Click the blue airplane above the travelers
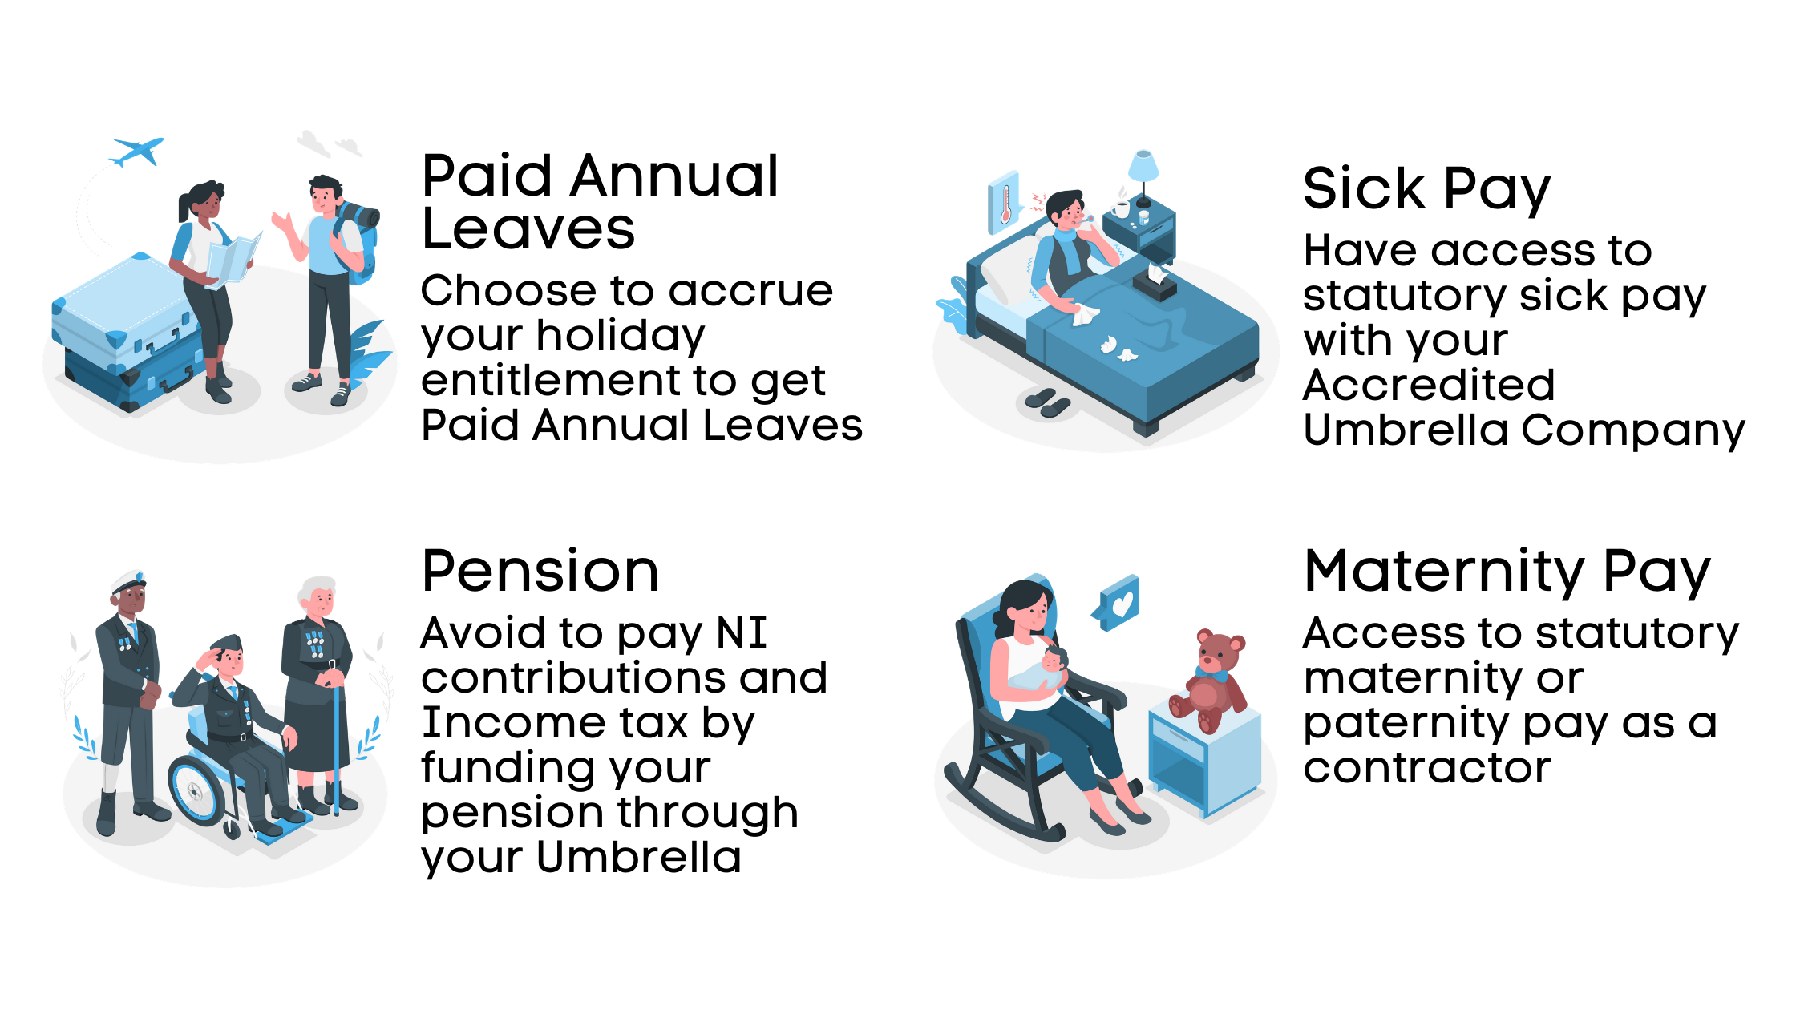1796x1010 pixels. coord(138,151)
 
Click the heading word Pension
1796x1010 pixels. coord(540,572)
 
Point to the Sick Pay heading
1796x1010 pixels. coord(1426,189)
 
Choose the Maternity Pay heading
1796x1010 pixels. coord(1507,572)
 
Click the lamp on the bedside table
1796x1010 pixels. coord(1143,172)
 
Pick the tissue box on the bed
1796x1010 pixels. coord(1155,281)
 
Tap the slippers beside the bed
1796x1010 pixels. coord(1047,402)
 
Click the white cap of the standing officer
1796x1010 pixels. coord(128,580)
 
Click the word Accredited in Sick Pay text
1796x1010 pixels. coord(1429,386)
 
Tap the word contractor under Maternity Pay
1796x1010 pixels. coord(1427,768)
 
